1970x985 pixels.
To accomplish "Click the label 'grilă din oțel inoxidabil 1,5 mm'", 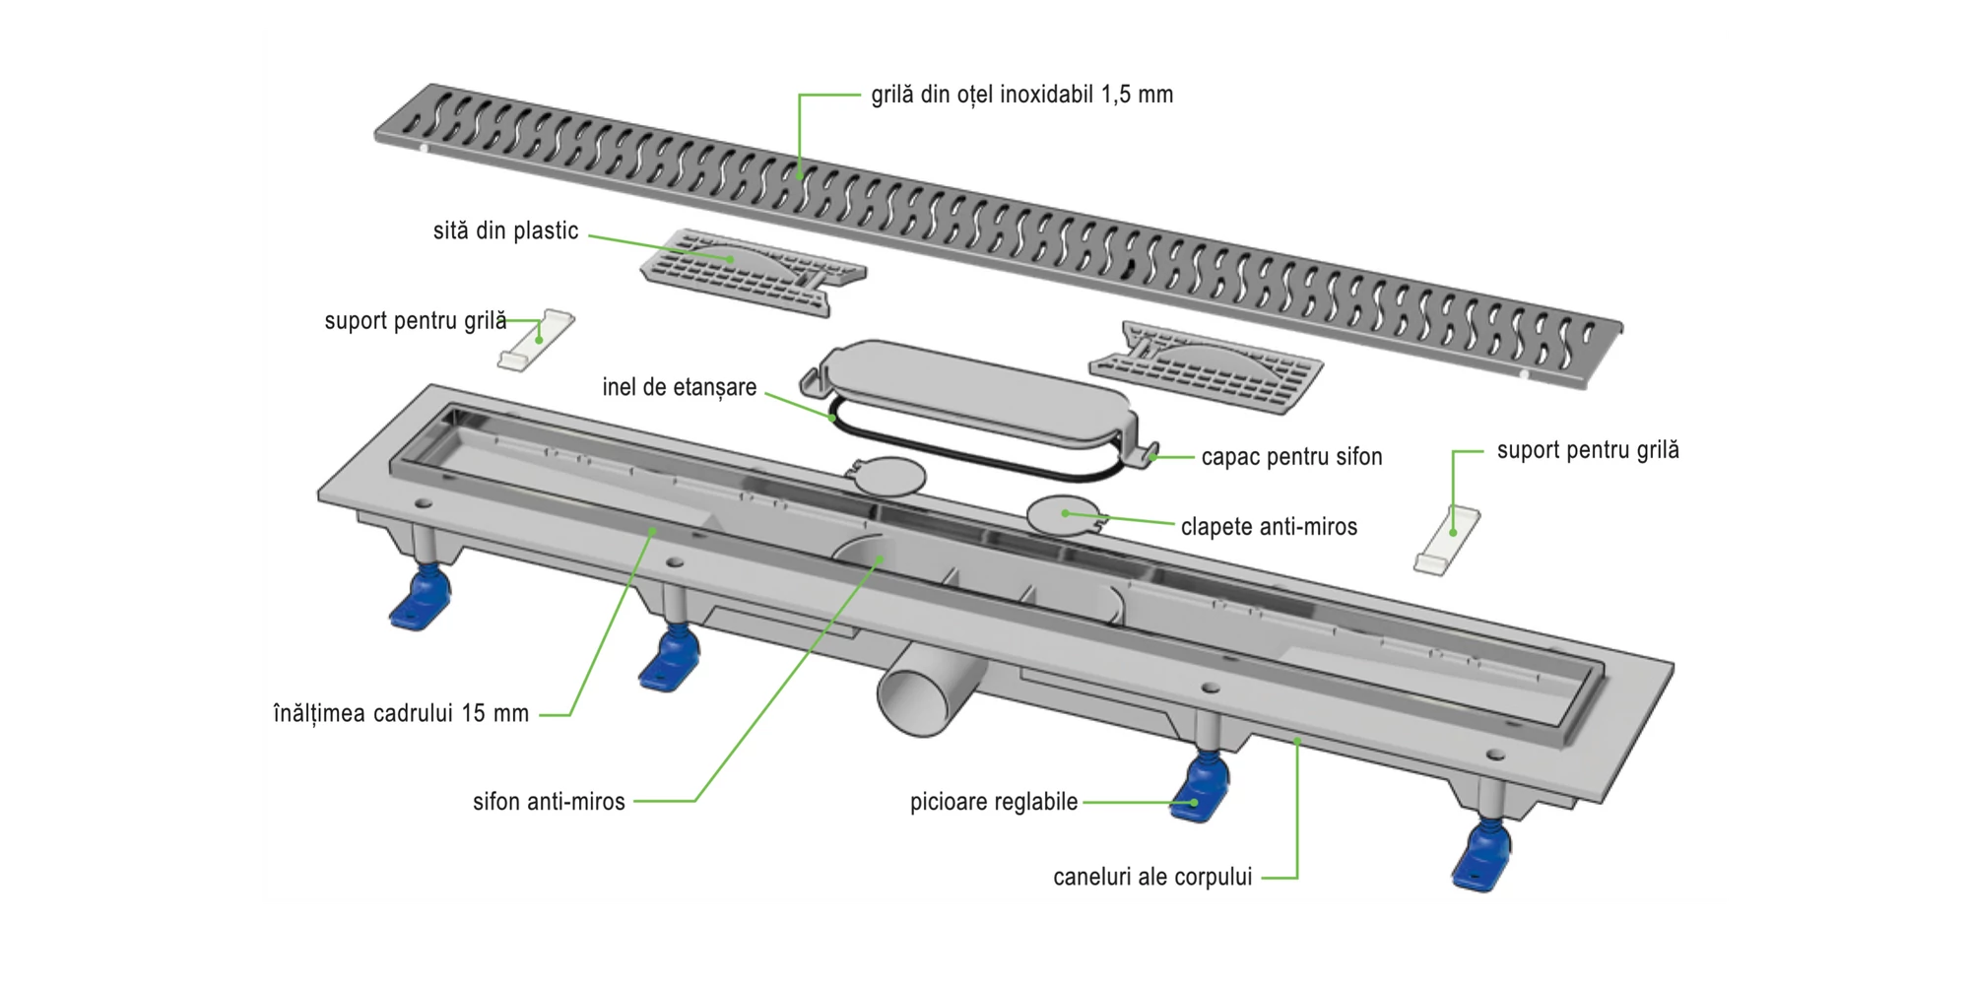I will (x=1021, y=95).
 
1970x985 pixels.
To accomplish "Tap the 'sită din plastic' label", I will (x=505, y=230).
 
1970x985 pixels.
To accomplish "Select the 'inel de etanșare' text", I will (x=679, y=387).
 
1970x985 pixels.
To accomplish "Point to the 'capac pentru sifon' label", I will (x=1291, y=457).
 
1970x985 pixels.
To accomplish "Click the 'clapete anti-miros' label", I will (x=1269, y=527).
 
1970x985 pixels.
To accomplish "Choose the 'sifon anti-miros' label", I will (x=549, y=802).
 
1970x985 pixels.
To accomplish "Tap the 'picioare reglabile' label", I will (x=994, y=802).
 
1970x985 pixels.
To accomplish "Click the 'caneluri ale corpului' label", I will (x=1152, y=877).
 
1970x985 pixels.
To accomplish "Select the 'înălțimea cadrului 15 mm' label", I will (x=401, y=713).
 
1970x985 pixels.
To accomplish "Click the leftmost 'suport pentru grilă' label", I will (x=416, y=321).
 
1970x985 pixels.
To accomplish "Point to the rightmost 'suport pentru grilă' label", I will (x=1588, y=450).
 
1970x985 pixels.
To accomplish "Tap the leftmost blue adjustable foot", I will (x=421, y=600).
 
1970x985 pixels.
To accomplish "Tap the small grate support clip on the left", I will (x=537, y=341).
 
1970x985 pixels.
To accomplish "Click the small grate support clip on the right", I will (x=1447, y=539).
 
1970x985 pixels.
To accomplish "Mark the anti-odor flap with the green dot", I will (x=1064, y=514).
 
